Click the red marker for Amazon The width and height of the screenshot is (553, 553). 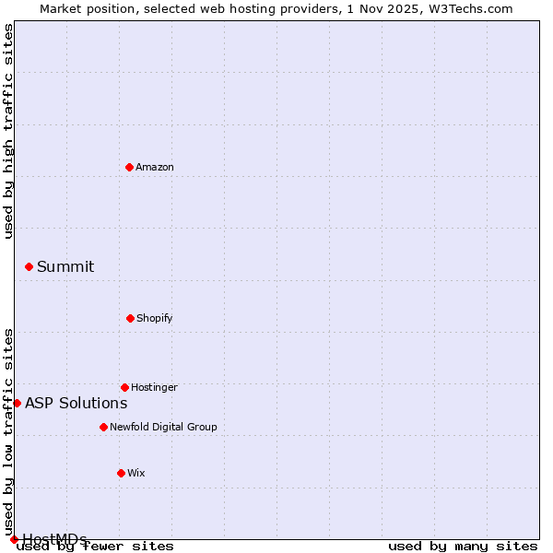(129, 167)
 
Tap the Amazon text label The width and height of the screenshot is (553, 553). (155, 168)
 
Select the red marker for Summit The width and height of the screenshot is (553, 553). (29, 266)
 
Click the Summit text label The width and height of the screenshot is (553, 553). (65, 267)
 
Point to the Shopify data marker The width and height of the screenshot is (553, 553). (130, 318)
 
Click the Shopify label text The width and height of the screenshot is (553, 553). (155, 319)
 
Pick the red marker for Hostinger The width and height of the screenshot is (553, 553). (124, 387)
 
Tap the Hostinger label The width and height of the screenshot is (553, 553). (154, 388)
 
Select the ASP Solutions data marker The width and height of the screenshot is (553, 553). (17, 403)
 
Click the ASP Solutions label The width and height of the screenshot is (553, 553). (76, 404)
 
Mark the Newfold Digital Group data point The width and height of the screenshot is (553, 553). (103, 427)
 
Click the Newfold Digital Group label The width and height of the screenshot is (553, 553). (163, 428)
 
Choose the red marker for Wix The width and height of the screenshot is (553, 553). (121, 473)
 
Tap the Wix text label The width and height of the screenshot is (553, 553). (136, 474)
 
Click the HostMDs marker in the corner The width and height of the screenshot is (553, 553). (14, 539)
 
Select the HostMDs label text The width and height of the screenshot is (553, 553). (54, 539)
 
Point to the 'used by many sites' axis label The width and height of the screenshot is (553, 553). (463, 547)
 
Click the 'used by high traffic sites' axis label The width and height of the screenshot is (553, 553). (9, 131)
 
